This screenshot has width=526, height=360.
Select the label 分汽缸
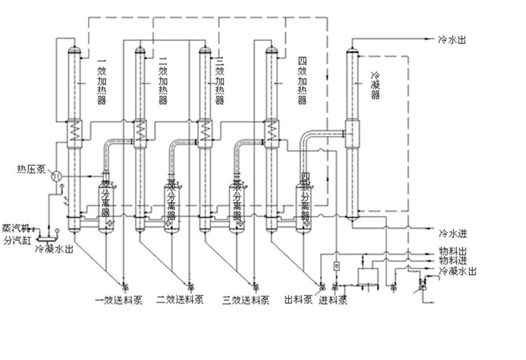(17, 241)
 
